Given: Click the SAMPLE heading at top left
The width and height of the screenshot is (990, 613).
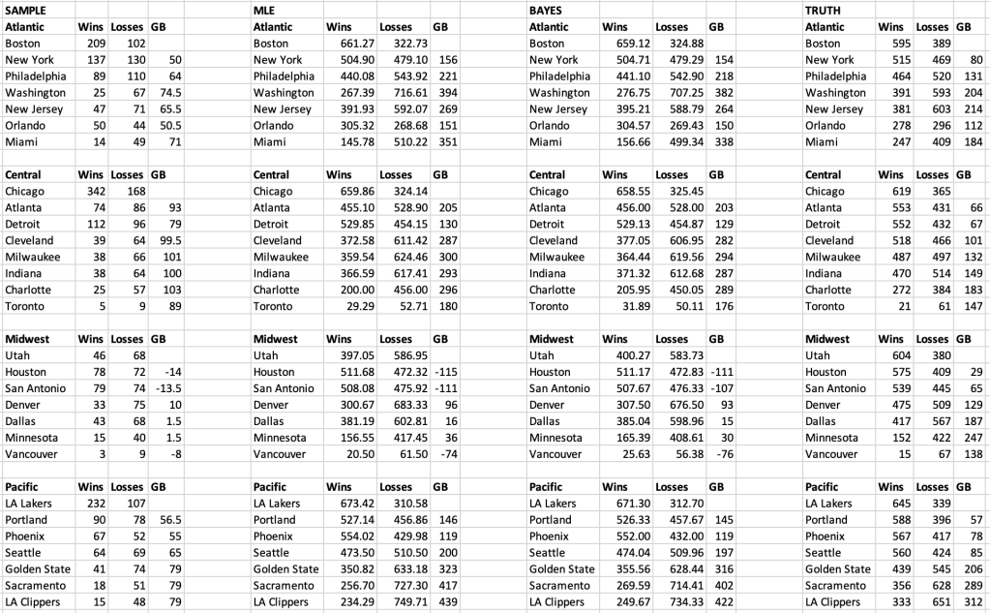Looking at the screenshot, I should pos(25,10).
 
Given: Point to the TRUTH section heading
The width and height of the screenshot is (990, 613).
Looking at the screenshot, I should pos(825,10).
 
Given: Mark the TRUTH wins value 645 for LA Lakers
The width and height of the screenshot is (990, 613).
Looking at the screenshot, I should pos(890,504).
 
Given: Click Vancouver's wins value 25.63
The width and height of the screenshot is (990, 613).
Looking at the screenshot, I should pos(620,454).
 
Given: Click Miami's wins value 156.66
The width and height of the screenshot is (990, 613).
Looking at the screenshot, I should pos(620,142).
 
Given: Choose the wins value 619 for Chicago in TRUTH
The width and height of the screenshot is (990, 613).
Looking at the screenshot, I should pos(890,192).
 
